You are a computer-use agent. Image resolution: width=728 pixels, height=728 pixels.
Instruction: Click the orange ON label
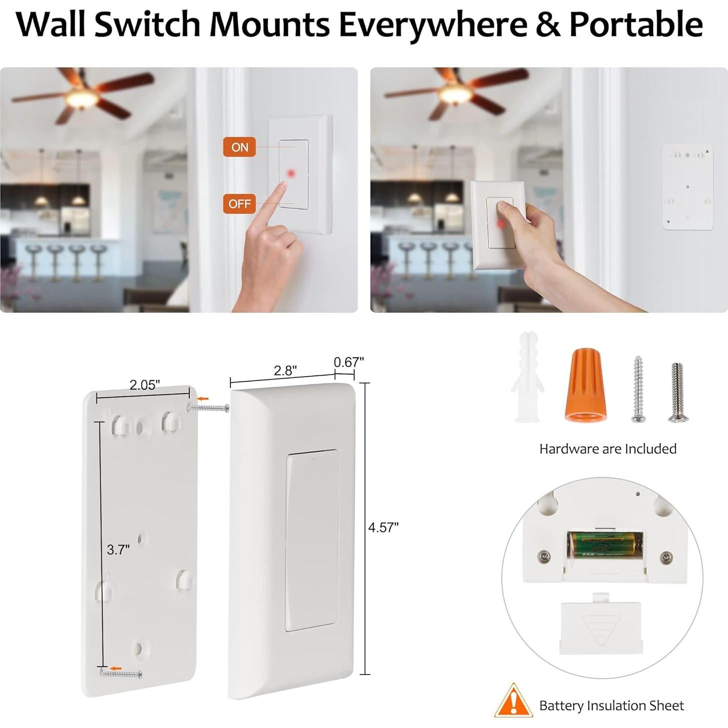(x=239, y=147)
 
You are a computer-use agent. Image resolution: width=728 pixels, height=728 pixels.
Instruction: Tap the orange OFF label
(x=239, y=204)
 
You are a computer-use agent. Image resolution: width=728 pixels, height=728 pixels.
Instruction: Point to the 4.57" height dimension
(x=383, y=528)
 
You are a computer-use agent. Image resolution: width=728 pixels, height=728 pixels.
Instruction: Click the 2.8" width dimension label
(x=285, y=370)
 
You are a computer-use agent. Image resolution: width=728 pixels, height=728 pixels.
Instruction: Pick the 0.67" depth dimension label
(x=349, y=362)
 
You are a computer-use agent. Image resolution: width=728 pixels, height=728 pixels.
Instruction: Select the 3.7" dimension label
(x=118, y=550)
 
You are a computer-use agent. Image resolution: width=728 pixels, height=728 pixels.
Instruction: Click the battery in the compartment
(x=605, y=545)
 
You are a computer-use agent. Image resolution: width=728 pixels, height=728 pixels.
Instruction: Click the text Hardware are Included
(x=608, y=449)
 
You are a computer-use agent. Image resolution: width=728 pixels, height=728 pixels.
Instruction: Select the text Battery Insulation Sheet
(x=611, y=706)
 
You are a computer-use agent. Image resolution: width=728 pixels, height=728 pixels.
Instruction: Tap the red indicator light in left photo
(x=291, y=173)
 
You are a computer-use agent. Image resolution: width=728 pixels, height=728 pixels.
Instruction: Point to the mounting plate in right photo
(x=688, y=187)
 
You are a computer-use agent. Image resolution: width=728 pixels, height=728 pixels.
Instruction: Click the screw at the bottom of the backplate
(x=121, y=675)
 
